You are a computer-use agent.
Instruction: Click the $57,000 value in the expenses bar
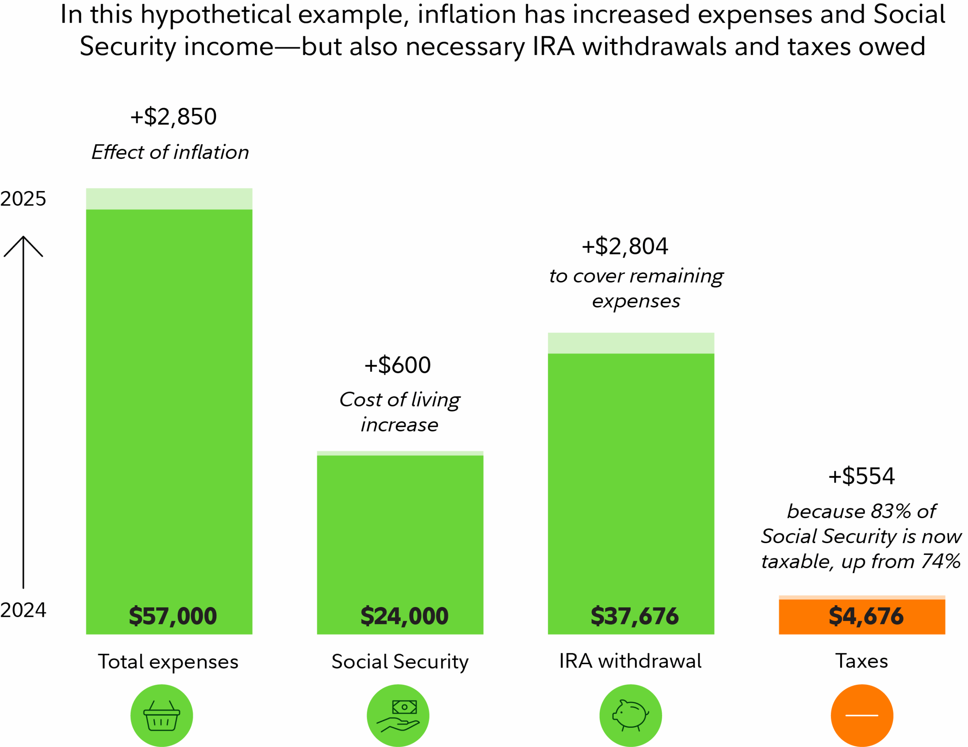172,616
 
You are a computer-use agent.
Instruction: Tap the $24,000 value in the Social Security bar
404,616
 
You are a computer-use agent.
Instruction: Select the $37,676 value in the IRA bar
634,616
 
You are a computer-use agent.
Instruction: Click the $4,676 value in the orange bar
866,616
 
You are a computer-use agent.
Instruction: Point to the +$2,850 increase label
173,117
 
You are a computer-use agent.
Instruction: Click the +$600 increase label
397,365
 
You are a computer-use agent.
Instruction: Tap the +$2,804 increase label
625,247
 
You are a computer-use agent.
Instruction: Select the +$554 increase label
861,477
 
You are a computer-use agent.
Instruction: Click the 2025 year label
23,199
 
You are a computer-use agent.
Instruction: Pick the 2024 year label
23,610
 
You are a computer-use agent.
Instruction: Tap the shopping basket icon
161,716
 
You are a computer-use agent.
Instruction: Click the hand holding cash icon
397,716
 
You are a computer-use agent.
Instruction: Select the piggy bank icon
630,716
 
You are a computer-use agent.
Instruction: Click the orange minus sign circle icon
862,716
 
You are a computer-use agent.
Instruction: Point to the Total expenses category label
168,662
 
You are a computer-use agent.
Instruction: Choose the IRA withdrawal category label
630,661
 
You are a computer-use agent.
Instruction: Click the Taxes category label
862,661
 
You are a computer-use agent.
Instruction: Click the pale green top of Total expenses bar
169,199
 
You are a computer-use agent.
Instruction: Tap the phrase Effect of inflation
170,152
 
